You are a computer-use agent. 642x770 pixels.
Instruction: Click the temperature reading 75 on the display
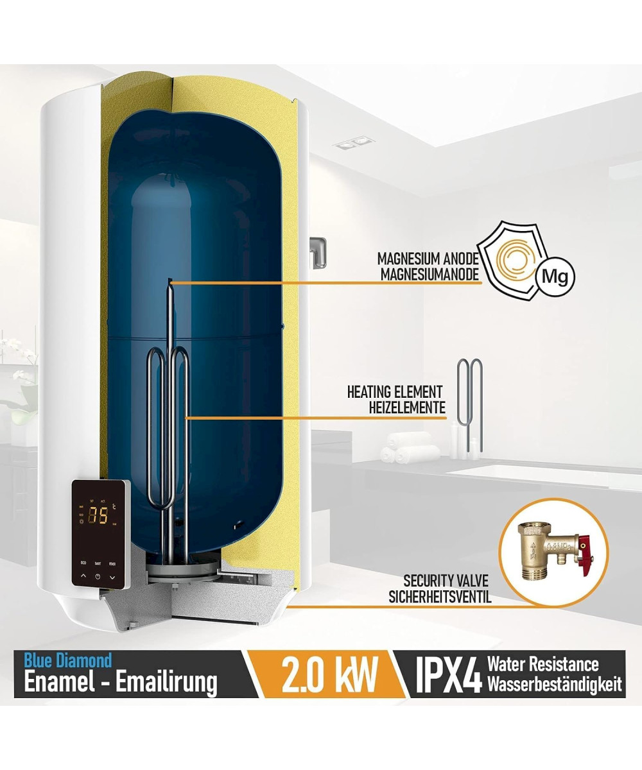point(98,515)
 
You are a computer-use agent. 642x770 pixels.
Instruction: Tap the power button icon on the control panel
point(98,576)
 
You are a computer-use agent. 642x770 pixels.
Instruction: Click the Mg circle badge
point(555,277)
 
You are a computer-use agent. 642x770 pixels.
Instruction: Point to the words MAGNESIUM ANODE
point(428,259)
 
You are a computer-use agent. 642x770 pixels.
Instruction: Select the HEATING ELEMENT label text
point(395,392)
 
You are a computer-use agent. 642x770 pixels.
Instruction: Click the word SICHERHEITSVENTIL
point(440,597)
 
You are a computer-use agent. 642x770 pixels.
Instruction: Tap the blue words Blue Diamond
point(68,660)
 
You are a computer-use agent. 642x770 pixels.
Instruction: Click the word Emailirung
point(166,682)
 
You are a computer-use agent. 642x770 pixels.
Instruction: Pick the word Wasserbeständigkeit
point(555,684)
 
